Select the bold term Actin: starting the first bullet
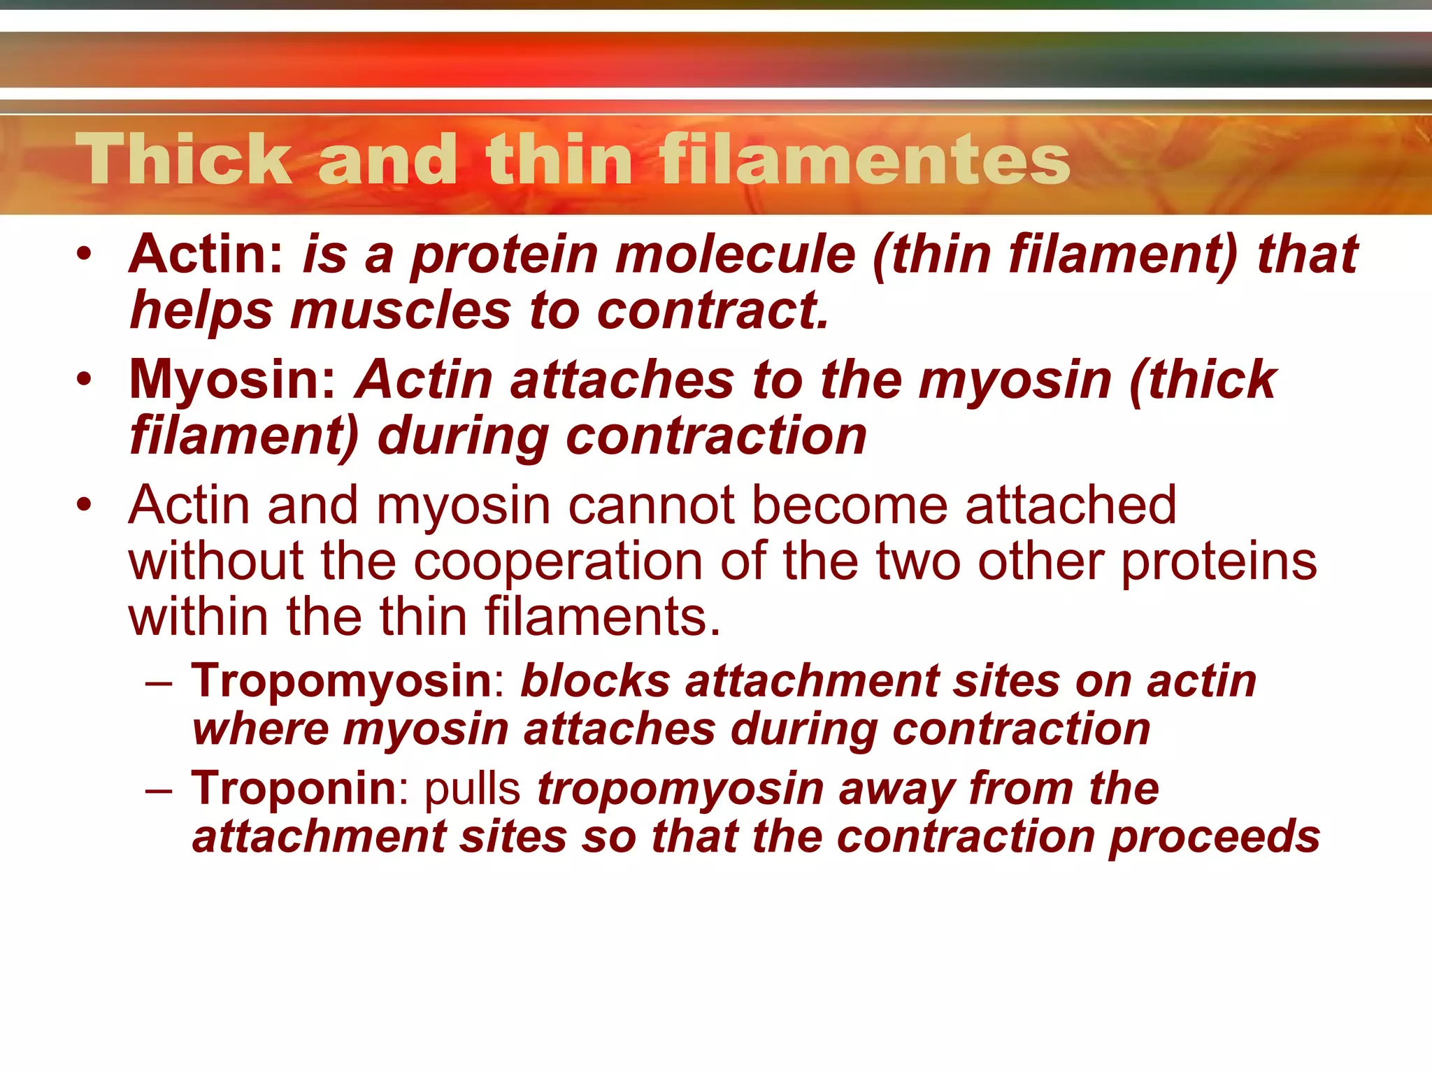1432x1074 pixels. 206,255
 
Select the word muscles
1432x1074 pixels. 401,310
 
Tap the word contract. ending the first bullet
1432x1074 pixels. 713,310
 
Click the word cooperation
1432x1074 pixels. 558,561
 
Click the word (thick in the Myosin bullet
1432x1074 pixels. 1203,380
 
